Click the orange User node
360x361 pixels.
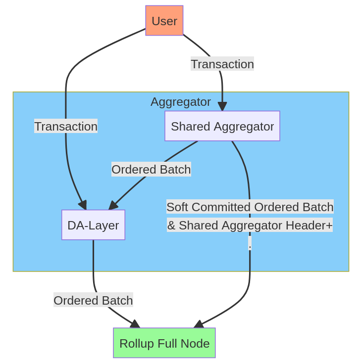[x=164, y=21]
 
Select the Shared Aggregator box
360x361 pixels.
[x=222, y=126]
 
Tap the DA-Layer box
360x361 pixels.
[x=93, y=225]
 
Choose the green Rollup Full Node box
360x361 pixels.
[x=164, y=343]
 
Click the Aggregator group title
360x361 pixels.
[x=180, y=102]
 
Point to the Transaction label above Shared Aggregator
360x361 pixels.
[x=222, y=64]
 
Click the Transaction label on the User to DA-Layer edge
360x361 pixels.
[x=65, y=126]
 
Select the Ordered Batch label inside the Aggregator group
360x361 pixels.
[x=151, y=170]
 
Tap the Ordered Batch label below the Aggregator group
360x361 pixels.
[x=93, y=300]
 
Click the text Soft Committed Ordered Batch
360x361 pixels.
[x=250, y=207]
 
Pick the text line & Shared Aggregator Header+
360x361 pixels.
[x=250, y=226]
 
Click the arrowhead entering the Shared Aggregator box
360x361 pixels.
[x=222, y=106]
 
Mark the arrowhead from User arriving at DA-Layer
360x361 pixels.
[x=83, y=205]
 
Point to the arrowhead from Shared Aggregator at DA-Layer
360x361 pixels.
[x=113, y=205]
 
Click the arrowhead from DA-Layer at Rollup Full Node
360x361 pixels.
[x=135, y=324]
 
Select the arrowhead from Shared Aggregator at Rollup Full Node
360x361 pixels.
[x=199, y=324]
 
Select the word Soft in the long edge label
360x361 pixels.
[x=177, y=207]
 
